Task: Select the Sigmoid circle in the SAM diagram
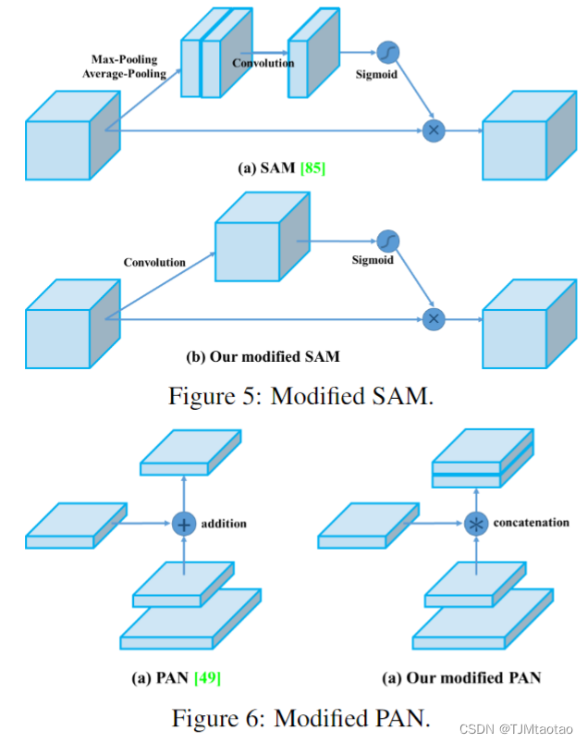[x=386, y=55]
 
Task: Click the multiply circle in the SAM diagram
[x=433, y=130]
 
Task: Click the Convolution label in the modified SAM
[x=154, y=262]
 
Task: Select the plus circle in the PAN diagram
[x=184, y=524]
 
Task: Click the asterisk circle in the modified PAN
[x=476, y=524]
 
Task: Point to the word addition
[x=225, y=524]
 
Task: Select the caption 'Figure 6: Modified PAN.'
[x=299, y=717]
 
